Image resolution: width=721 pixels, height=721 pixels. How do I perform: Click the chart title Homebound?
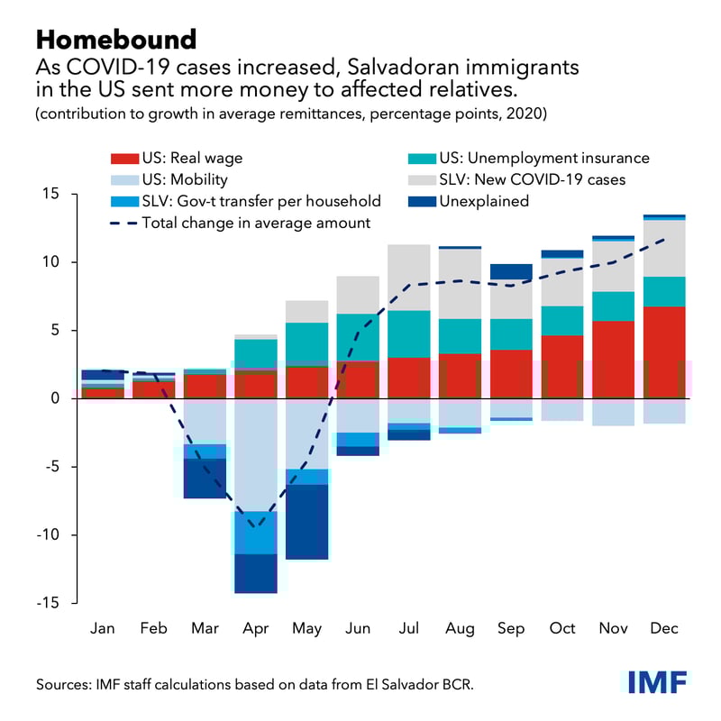point(116,39)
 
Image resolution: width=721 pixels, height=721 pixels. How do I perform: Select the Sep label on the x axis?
point(511,627)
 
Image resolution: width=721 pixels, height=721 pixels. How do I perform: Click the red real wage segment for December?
point(664,352)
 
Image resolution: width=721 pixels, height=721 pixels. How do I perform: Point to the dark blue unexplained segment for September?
point(511,271)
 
